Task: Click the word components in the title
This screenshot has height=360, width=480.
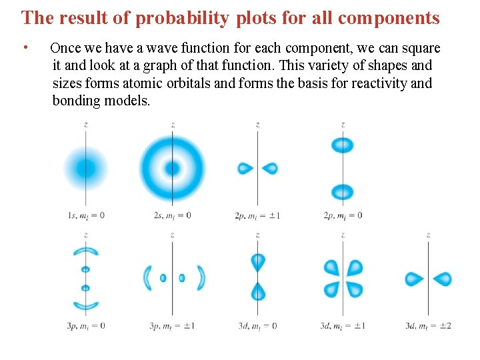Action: [x=389, y=18]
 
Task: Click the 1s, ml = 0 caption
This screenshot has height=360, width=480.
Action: [x=86, y=215]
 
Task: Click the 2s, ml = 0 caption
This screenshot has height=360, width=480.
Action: [x=172, y=215]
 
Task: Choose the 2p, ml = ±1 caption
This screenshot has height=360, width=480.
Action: [x=257, y=215]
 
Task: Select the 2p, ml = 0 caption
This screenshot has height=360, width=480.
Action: [x=342, y=215]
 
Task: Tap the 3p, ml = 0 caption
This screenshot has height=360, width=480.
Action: [x=86, y=326]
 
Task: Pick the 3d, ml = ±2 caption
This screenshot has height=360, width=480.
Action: [x=428, y=326]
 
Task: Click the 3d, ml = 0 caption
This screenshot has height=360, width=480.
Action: [x=257, y=326]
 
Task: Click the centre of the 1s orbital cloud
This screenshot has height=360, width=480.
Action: [x=86, y=168]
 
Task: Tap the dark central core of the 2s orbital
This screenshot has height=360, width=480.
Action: [x=172, y=168]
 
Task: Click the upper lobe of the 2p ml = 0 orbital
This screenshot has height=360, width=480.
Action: [x=343, y=145]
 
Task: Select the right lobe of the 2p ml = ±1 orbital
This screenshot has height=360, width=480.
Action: [x=270, y=168]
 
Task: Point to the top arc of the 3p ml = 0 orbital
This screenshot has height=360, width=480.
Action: [x=86, y=251]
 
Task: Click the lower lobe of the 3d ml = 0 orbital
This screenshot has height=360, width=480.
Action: [x=258, y=291]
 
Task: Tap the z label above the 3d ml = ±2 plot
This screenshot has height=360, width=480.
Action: [x=428, y=235]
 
